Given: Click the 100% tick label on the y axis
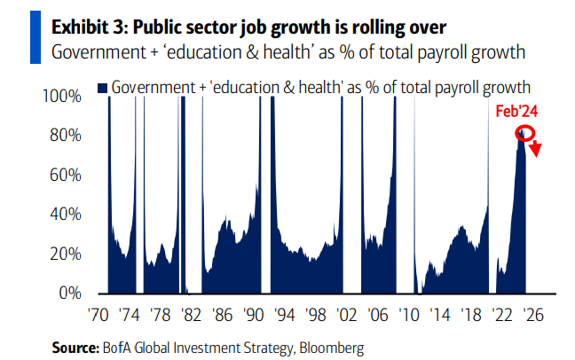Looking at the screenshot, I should (x=63, y=96).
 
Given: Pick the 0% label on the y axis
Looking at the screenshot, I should (x=70, y=293).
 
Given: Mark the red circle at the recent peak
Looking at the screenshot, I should (x=524, y=134).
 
